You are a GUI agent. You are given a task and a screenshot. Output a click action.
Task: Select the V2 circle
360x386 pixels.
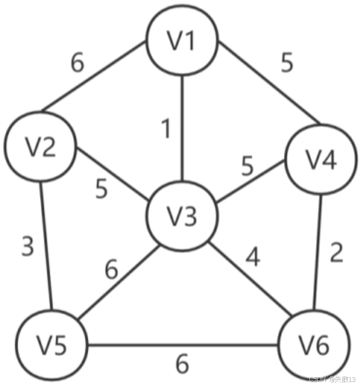coord(40,147)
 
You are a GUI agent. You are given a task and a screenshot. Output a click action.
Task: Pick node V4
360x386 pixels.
coord(321,160)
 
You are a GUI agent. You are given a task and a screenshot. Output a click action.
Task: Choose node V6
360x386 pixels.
coord(314,347)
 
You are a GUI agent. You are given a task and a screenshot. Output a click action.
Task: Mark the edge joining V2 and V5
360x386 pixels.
coord(45,247)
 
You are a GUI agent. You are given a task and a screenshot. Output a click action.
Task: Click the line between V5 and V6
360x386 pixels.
coord(182,346)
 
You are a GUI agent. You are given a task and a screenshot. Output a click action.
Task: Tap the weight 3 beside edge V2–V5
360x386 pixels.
coord(27,247)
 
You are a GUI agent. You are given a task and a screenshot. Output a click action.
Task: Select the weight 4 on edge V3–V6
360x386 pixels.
coord(252,257)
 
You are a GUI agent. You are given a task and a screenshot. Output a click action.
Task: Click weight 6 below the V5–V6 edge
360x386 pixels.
coord(182,364)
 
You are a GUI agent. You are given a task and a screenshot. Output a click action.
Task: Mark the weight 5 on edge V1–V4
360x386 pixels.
coord(286,63)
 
